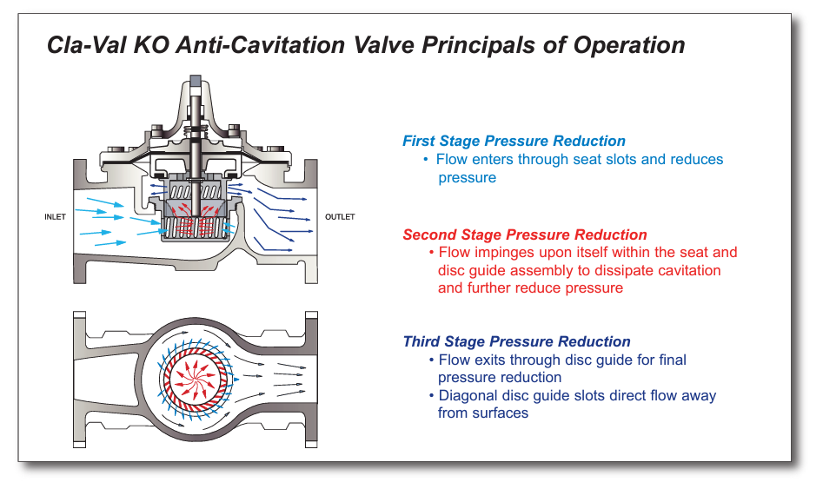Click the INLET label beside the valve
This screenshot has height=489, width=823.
click(x=55, y=216)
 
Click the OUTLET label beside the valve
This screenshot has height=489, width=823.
click(x=340, y=216)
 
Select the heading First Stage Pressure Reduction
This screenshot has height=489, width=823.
click(x=514, y=141)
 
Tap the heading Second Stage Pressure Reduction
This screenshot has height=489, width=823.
click(x=525, y=235)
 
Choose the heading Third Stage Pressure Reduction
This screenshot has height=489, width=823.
click(x=516, y=341)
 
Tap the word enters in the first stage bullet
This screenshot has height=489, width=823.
click(x=494, y=160)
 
